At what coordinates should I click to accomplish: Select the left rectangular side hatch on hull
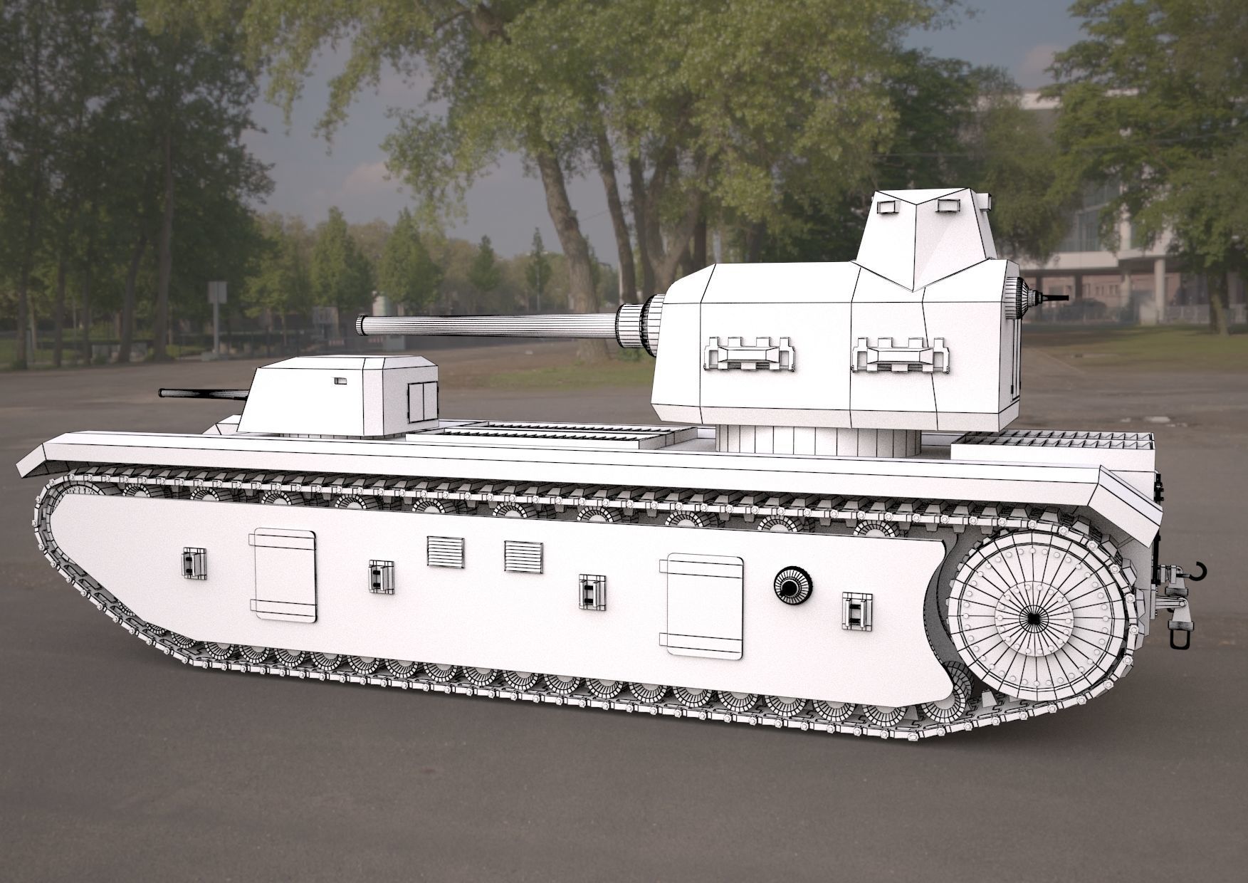(284, 575)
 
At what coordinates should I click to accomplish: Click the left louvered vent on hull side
(446, 552)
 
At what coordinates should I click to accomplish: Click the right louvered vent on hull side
(523, 556)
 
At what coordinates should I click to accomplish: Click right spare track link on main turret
(901, 355)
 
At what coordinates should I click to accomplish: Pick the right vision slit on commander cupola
(948, 206)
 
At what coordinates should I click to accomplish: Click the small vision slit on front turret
(340, 381)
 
